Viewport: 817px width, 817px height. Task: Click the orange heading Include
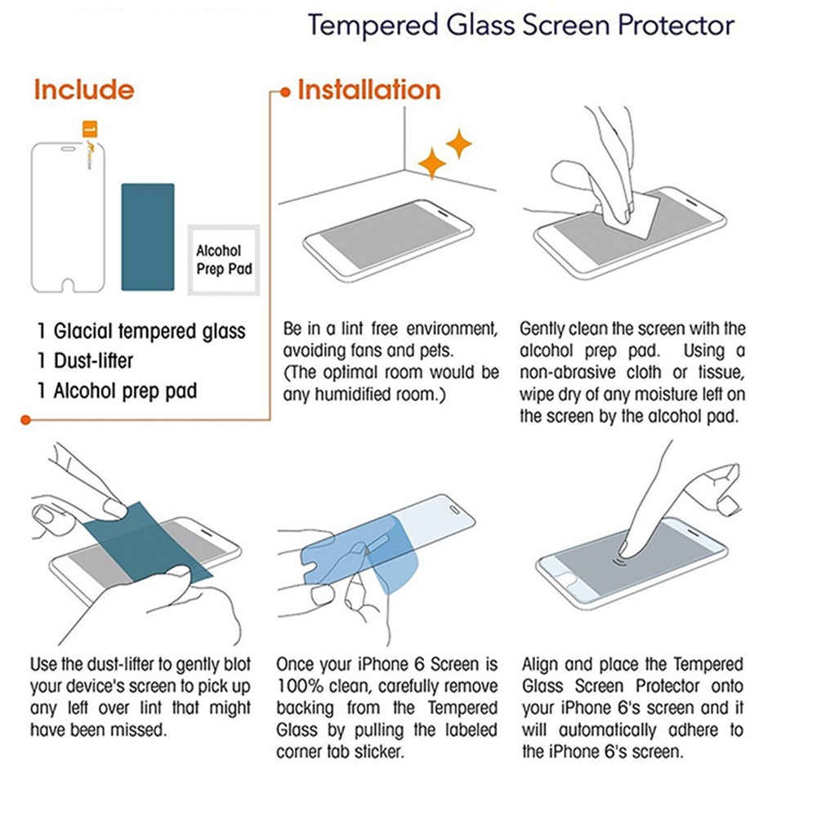tap(84, 90)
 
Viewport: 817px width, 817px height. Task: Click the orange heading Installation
tap(369, 90)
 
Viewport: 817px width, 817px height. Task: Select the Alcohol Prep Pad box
tap(224, 260)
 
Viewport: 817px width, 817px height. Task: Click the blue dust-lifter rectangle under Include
tap(147, 237)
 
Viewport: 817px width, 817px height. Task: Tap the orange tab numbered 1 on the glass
tap(90, 129)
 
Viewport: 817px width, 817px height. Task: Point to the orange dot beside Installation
tap(285, 93)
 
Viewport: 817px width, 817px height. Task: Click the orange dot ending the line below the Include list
tap(25, 419)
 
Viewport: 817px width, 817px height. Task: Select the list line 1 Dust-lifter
tap(85, 360)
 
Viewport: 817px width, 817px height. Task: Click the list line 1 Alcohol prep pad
tap(117, 391)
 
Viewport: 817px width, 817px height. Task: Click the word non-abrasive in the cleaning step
tap(568, 373)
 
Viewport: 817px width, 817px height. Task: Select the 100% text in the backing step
tap(294, 686)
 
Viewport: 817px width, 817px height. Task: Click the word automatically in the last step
tap(607, 730)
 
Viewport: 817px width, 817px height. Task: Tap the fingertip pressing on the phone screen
tap(623, 549)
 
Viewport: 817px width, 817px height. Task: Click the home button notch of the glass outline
tap(69, 285)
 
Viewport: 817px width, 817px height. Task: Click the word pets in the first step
tap(435, 351)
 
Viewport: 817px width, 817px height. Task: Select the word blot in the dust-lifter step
tap(237, 664)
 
